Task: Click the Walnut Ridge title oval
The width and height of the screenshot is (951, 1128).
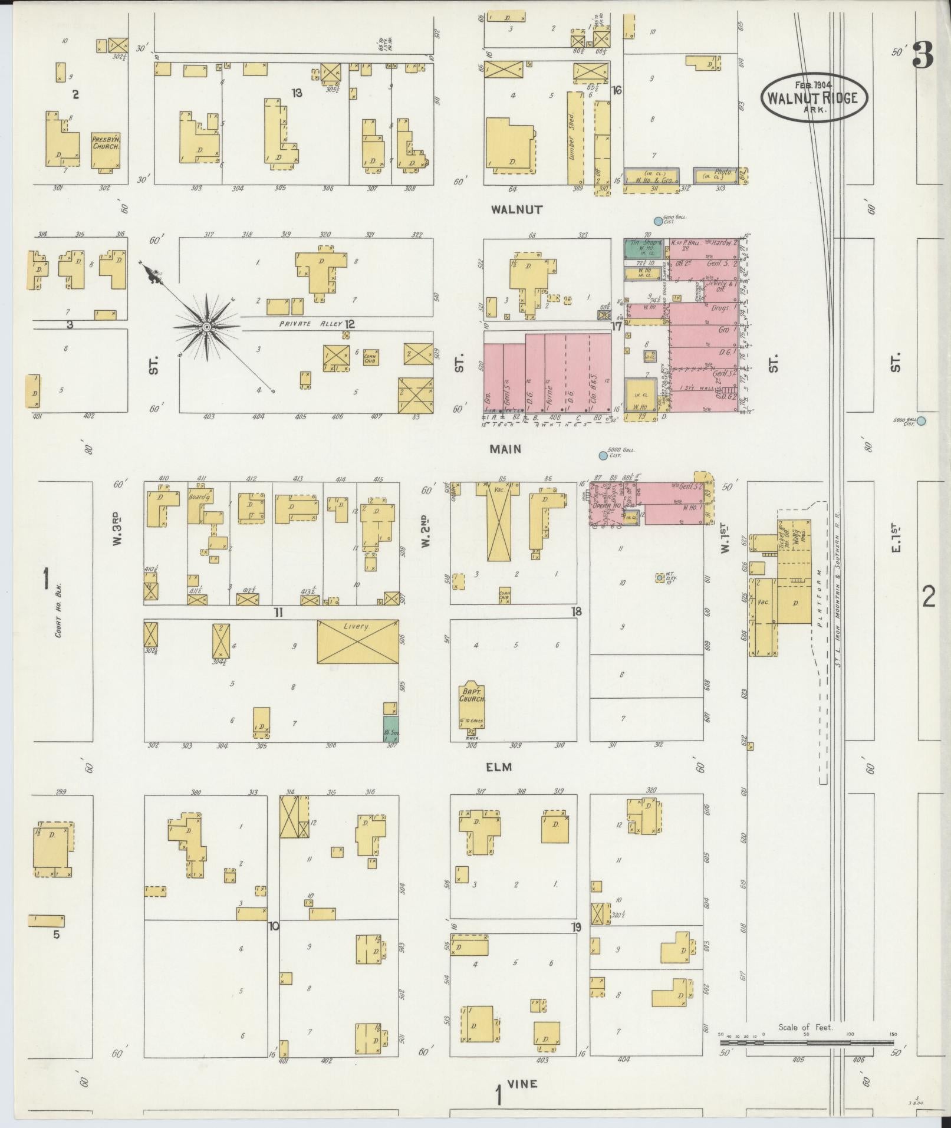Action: coord(814,97)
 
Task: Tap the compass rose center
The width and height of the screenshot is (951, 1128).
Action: coord(207,326)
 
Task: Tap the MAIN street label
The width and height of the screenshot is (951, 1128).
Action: coord(505,449)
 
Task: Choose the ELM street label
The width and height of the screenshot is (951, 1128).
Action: coord(499,767)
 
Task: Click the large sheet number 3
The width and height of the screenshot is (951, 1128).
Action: coord(923,57)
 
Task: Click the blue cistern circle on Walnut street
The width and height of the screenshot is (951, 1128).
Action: coord(658,222)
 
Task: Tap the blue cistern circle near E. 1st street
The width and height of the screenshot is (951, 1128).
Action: coord(921,420)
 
